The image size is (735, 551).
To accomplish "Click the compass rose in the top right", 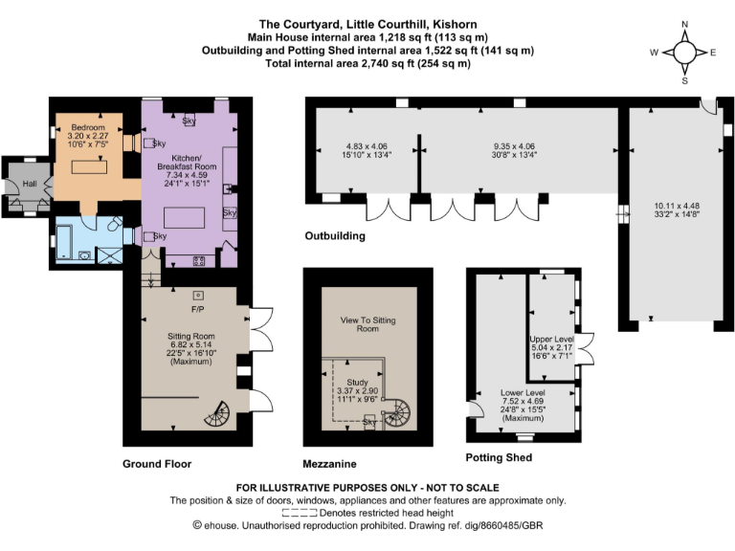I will pos(684,53).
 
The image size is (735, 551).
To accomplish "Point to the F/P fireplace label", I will pos(198,310).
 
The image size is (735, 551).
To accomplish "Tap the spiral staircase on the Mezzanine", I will pos(396,414).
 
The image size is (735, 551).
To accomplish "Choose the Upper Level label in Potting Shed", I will pos(550,340).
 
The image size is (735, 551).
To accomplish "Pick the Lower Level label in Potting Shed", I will pos(523,393).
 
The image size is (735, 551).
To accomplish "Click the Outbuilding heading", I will pos(335,235).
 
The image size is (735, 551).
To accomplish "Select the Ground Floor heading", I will pos(157,464).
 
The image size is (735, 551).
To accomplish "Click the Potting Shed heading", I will pos(499,458).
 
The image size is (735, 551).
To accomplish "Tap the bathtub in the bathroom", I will pos(70,238).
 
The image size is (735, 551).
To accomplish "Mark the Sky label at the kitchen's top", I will pos(189,121).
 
